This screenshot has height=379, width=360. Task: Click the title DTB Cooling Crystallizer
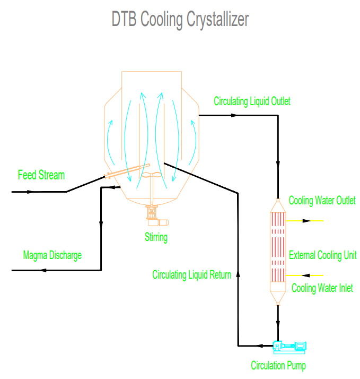(180, 20)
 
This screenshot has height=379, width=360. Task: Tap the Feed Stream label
(41, 175)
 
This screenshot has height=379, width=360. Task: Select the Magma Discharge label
(52, 255)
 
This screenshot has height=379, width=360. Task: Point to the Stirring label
(156, 237)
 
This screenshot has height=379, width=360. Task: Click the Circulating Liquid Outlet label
(252, 101)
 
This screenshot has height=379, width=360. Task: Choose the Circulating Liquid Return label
(191, 275)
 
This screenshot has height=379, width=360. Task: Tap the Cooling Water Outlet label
(322, 200)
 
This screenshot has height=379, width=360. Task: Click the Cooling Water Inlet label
(322, 288)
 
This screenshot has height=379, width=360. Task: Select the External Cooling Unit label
(322, 255)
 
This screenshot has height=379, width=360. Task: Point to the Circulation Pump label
(278, 365)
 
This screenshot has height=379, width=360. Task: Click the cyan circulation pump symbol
(289, 347)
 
